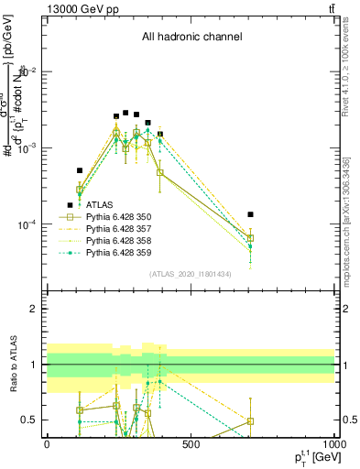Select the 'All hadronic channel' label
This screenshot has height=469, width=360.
pyautogui.click(x=191, y=38)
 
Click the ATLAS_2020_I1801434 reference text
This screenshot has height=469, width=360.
pyautogui.click(x=190, y=274)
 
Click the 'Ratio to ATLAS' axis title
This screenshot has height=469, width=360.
pyautogui.click(x=12, y=365)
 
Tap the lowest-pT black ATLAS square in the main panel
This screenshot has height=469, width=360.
pyautogui.click(x=70, y=204)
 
